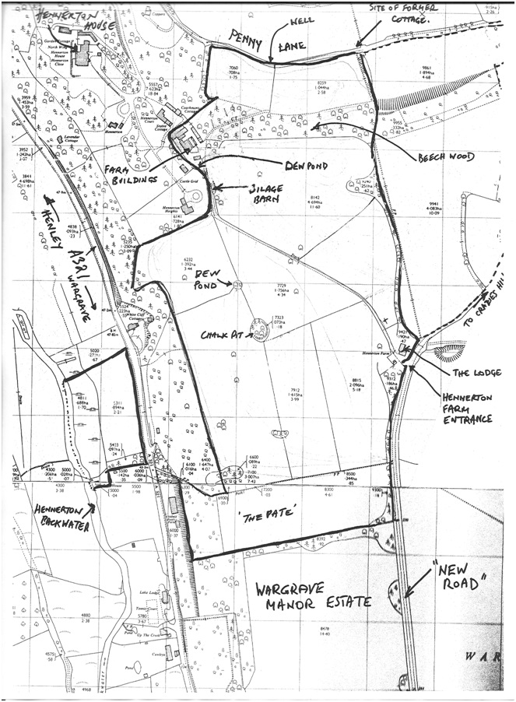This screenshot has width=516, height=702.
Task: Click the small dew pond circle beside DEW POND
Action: point(236,285)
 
